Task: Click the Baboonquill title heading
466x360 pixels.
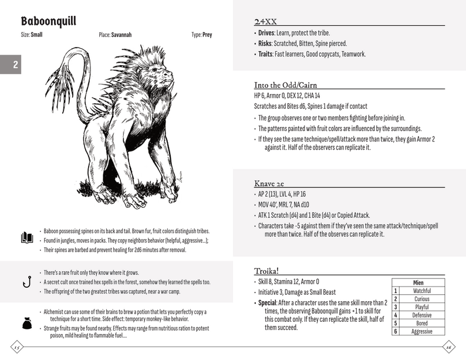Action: [49, 21]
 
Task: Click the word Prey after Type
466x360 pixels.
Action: [207, 35]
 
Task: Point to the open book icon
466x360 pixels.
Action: [26, 238]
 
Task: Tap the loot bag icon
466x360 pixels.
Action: [26, 322]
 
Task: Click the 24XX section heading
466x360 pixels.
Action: [266, 21]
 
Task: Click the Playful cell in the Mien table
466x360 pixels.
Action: [421, 307]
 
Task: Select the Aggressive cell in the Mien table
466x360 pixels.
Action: [421, 331]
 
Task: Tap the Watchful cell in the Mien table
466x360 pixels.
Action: [421, 291]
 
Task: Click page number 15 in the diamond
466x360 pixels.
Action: [16, 346]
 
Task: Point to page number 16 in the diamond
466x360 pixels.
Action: [450, 346]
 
